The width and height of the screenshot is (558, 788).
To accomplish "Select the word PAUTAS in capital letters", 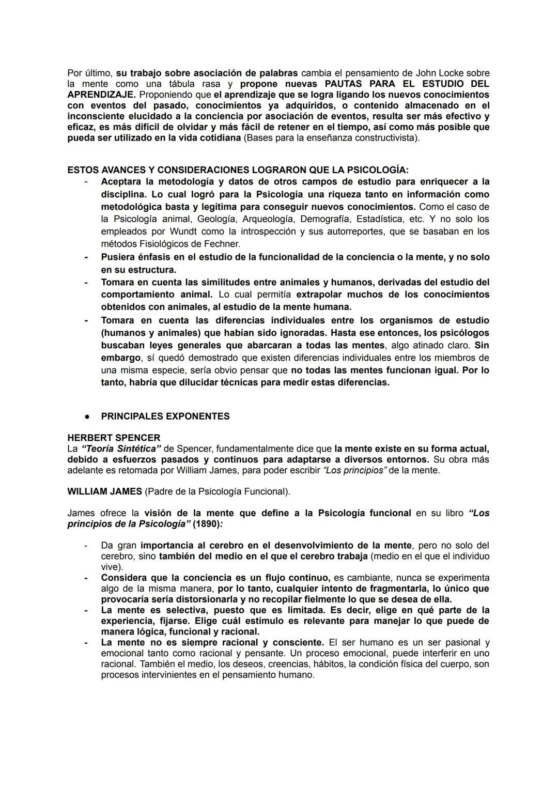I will [x=343, y=84].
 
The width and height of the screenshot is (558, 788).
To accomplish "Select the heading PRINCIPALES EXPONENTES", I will [x=165, y=416].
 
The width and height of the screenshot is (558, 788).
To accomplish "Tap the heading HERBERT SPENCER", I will [x=114, y=438].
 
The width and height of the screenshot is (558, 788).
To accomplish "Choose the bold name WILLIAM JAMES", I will [x=104, y=491].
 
